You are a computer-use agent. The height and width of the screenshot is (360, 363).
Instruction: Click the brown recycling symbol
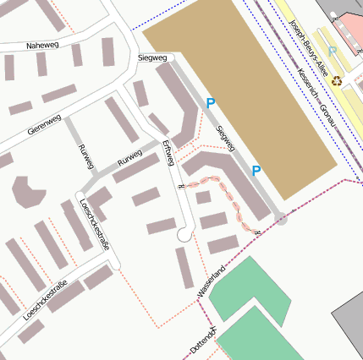[337, 81]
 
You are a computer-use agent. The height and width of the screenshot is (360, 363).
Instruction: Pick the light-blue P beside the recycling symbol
[333, 52]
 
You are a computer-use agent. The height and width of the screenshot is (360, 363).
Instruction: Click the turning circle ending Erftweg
[184, 236]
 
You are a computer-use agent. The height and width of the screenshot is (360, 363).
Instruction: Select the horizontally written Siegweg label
[152, 58]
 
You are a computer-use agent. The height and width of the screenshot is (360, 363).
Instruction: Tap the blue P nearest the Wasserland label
[256, 172]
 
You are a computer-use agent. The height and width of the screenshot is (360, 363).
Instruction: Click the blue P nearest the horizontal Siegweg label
[211, 103]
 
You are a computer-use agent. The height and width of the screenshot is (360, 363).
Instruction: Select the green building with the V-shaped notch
[250, 287]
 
